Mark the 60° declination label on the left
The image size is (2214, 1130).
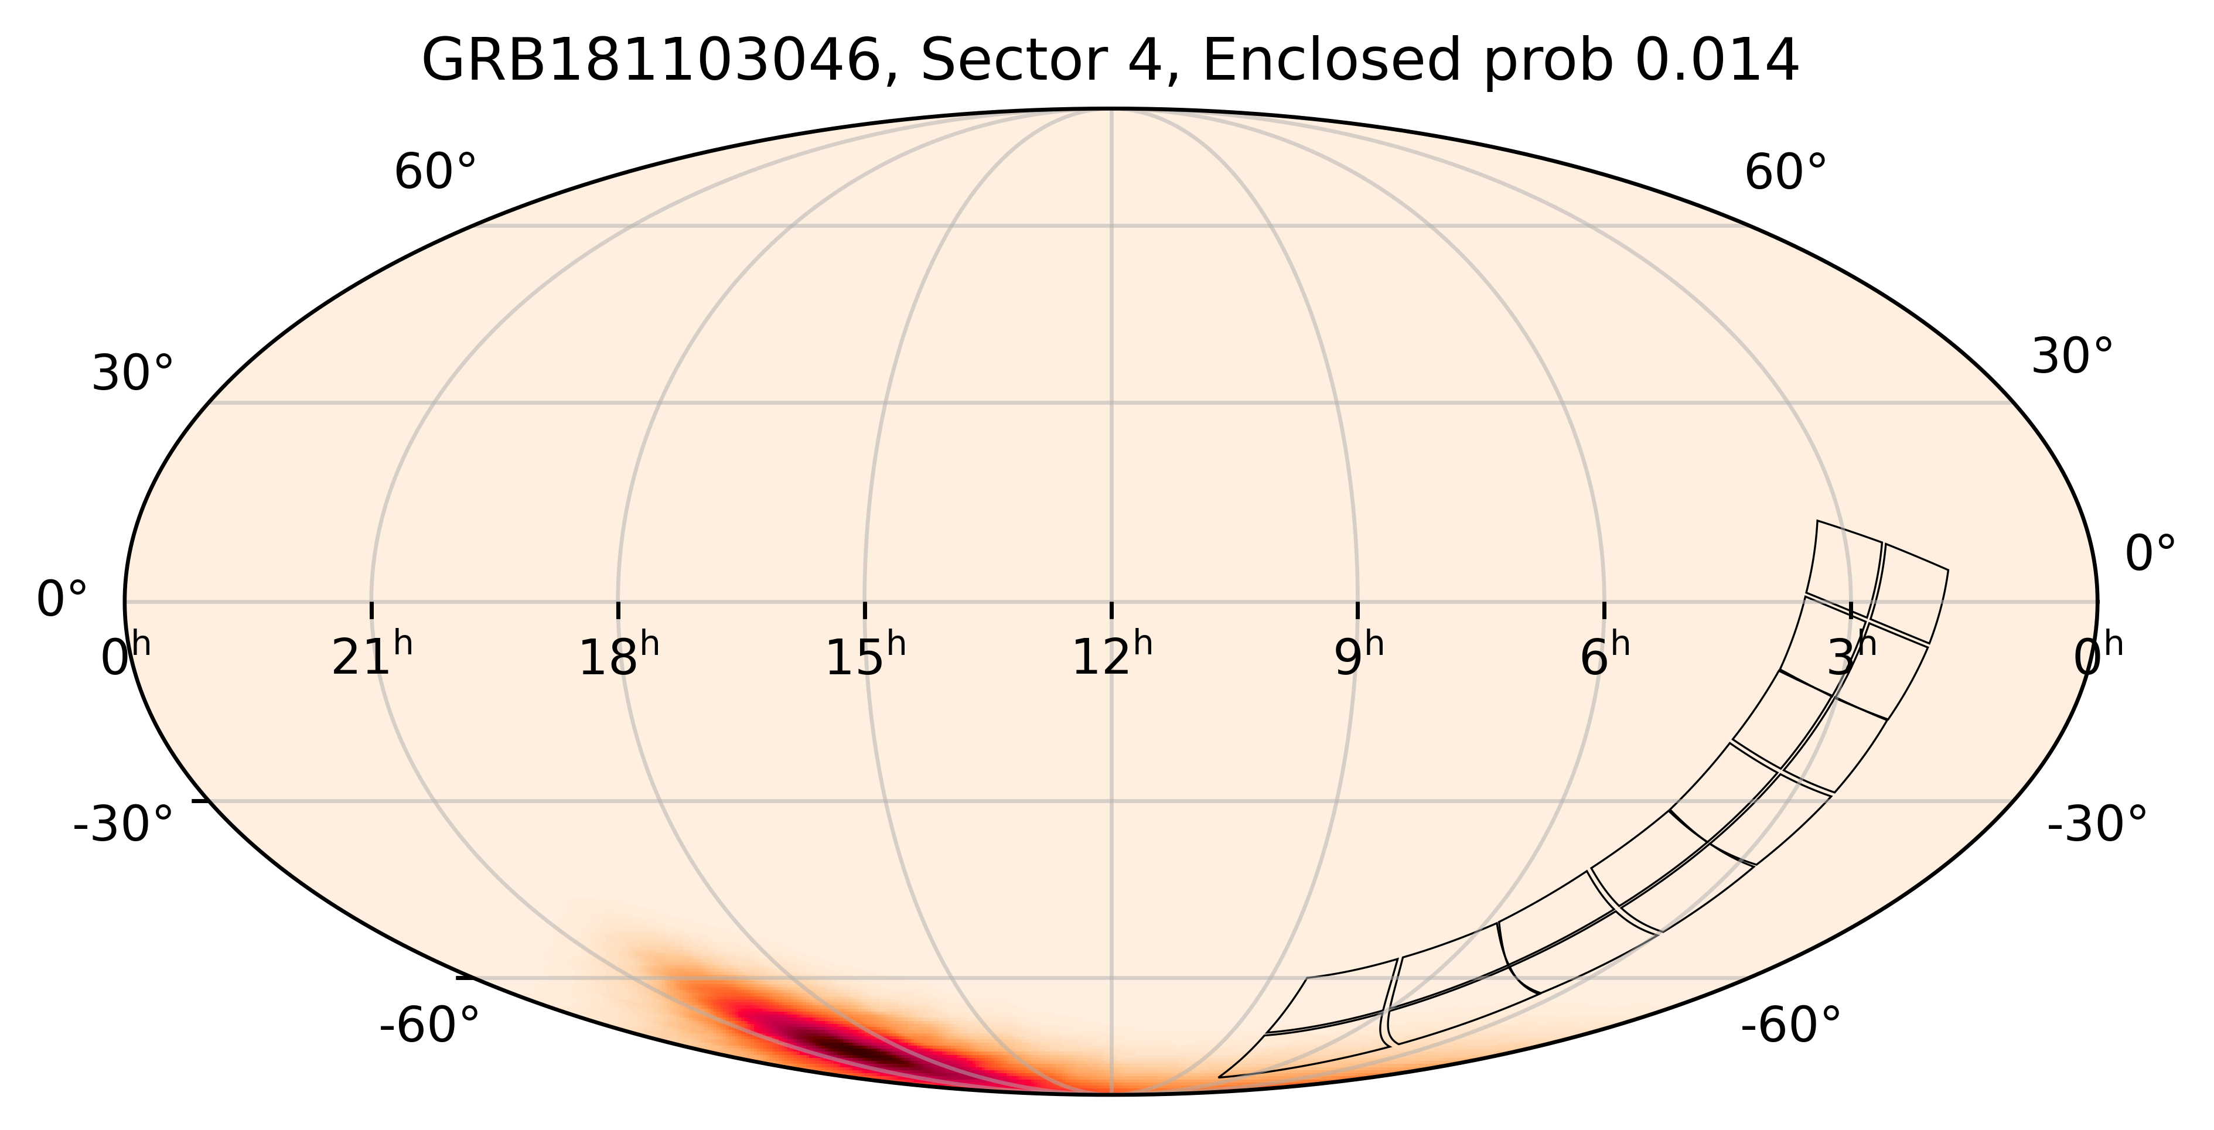click(435, 173)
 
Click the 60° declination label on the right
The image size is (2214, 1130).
click(1784, 173)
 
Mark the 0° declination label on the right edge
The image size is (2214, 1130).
click(2150, 554)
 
